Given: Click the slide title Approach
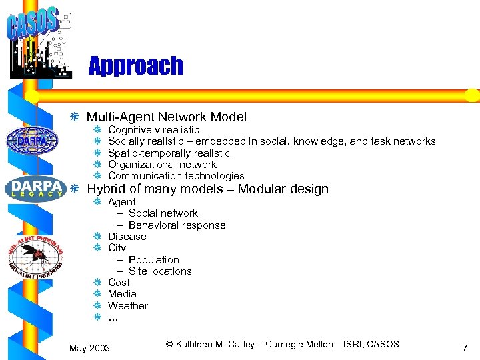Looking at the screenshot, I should (135, 66).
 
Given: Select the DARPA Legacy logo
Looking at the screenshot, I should (36, 187).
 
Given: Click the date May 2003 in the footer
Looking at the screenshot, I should (90, 349).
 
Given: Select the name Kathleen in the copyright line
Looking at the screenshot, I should (197, 344).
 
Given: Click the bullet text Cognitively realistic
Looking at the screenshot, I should (153, 130).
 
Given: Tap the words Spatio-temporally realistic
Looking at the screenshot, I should (169, 153).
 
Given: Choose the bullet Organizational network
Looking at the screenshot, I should (162, 165).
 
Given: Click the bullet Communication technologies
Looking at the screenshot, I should (176, 176).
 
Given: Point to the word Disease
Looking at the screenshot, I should (127, 237).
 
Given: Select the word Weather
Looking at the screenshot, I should (128, 306).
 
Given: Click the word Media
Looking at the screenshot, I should (122, 294).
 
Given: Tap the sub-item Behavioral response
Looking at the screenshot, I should (177, 225).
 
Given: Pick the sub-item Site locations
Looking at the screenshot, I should (160, 271).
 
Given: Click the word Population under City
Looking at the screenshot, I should (154, 260).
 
